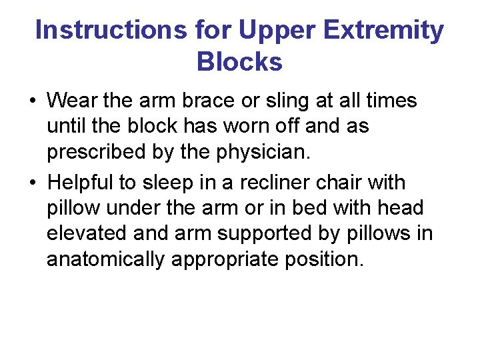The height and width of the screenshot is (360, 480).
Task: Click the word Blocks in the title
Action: point(239,62)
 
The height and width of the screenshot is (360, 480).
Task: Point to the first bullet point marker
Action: point(32,102)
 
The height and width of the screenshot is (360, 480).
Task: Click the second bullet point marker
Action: point(32,183)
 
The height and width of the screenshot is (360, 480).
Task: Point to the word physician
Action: point(261,153)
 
